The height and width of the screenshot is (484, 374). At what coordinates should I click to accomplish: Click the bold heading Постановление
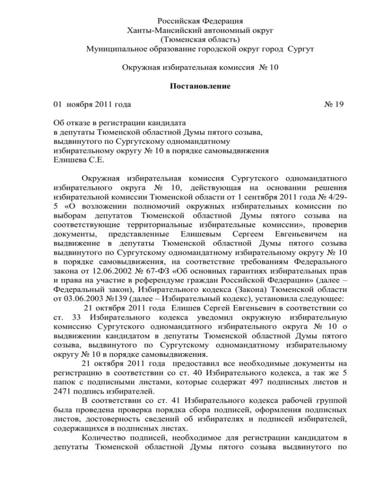(x=187, y=86)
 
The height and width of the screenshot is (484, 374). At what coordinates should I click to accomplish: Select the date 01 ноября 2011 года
(x=92, y=104)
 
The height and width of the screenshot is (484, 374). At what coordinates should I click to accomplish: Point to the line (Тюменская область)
(x=187, y=39)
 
